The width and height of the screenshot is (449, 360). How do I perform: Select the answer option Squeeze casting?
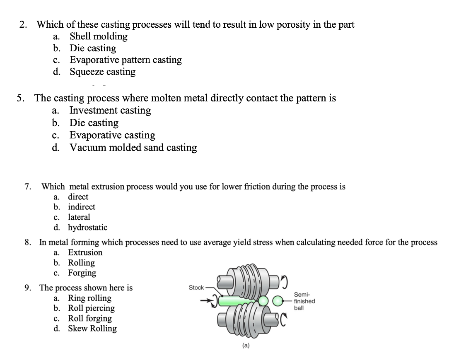(x=102, y=72)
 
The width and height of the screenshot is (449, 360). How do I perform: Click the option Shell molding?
(x=99, y=36)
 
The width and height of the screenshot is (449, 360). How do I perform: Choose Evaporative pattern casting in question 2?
(x=126, y=60)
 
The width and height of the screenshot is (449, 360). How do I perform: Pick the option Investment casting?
(x=110, y=110)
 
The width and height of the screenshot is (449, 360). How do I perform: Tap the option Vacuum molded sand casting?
(x=133, y=148)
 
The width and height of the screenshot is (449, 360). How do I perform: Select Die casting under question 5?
(x=94, y=123)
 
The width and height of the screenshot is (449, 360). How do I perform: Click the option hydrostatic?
(x=88, y=228)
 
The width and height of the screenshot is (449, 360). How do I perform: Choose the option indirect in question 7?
(x=82, y=207)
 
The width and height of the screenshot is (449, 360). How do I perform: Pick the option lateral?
(x=79, y=217)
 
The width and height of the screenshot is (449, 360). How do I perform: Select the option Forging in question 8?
(x=82, y=273)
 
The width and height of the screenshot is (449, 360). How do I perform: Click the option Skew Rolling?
(x=92, y=329)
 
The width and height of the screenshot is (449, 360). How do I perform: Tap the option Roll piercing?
(x=92, y=308)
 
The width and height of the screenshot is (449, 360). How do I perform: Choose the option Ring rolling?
(x=90, y=298)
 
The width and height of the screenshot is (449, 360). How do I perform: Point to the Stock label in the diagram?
(x=196, y=288)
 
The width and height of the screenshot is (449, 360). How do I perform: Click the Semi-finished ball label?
(x=304, y=301)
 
